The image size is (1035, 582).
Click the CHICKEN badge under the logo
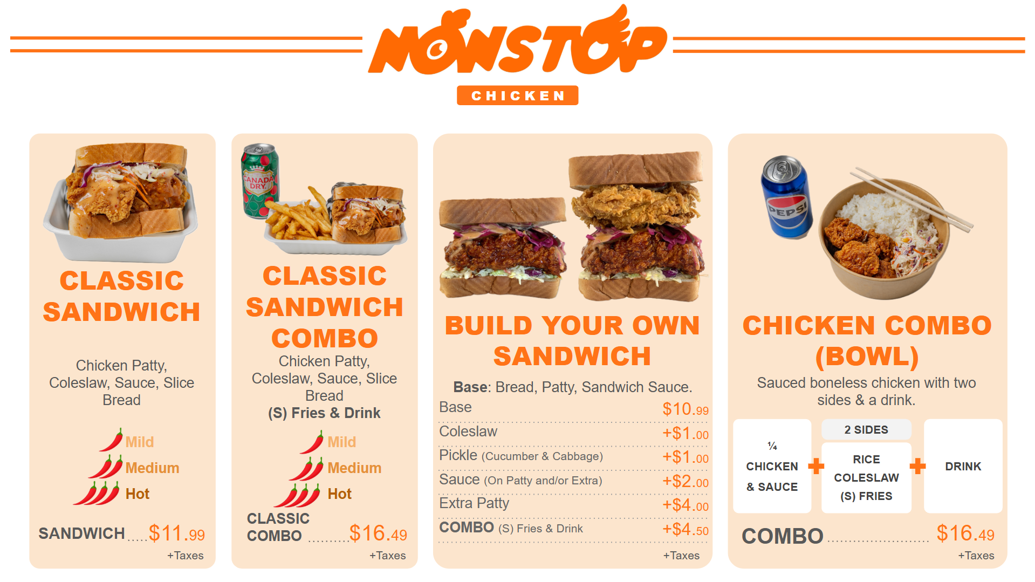[x=517, y=95]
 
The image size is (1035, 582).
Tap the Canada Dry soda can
[x=261, y=181]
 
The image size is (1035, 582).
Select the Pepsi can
[x=786, y=197]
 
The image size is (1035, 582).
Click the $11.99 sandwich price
[x=177, y=533]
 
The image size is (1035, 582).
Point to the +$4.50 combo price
[x=686, y=529]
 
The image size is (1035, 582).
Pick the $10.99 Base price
[x=686, y=409]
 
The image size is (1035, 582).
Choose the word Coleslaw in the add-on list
[x=468, y=432]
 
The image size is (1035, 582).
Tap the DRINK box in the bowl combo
[x=963, y=466]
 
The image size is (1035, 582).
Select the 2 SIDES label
[x=866, y=430]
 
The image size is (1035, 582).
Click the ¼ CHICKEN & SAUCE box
[x=772, y=466]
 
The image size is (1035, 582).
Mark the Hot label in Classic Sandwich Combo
[x=339, y=494]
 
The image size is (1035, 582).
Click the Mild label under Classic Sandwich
[x=140, y=442]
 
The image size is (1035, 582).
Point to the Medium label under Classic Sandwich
[x=152, y=468]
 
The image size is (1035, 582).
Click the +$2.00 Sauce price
[x=686, y=481]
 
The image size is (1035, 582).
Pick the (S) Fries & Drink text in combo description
[x=324, y=413]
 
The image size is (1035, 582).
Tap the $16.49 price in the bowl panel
[x=965, y=533]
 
